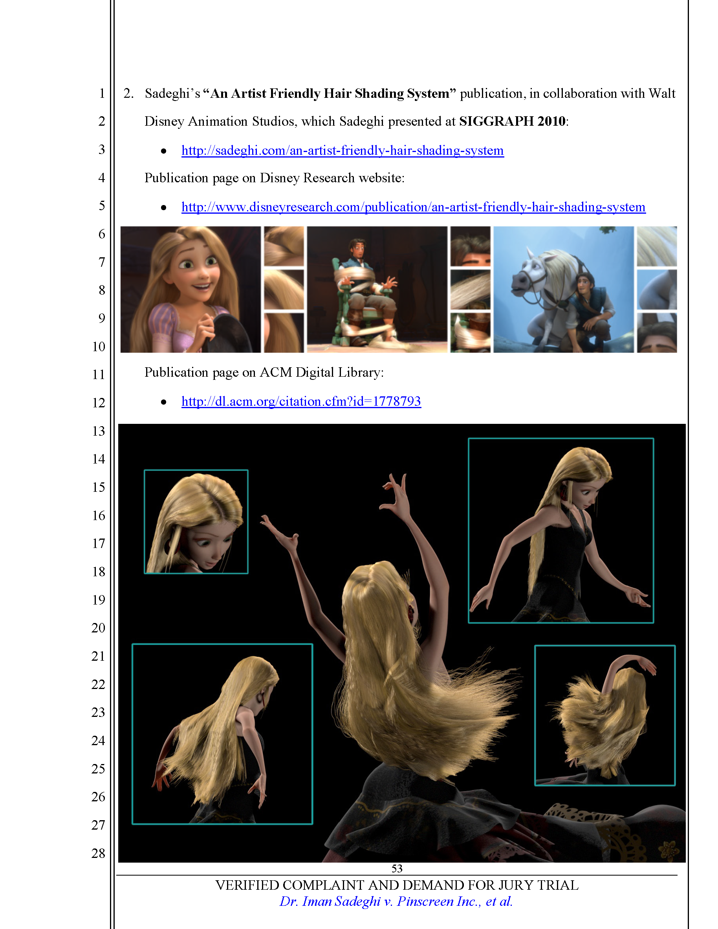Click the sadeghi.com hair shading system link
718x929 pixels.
pyautogui.click(x=343, y=150)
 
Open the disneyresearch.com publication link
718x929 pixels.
pyautogui.click(x=413, y=207)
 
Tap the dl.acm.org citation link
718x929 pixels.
pyautogui.click(x=301, y=401)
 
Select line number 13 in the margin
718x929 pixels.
pyautogui.click(x=99, y=431)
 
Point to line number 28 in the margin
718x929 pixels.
pyautogui.click(x=99, y=853)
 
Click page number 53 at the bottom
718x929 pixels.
pyautogui.click(x=397, y=868)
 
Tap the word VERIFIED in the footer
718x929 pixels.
pyautogui.click(x=246, y=885)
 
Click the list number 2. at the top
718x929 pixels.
pyautogui.click(x=128, y=93)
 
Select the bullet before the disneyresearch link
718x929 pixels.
pyautogui.click(x=164, y=207)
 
